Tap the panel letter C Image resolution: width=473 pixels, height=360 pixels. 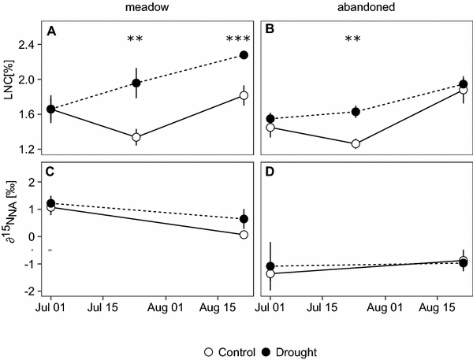tap(51, 170)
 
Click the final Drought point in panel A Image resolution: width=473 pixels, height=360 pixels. tap(244, 55)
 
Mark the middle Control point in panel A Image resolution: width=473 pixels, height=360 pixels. tap(136, 137)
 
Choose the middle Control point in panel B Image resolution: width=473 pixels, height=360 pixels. tap(356, 143)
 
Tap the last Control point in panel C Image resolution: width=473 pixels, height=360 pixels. tap(244, 235)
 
